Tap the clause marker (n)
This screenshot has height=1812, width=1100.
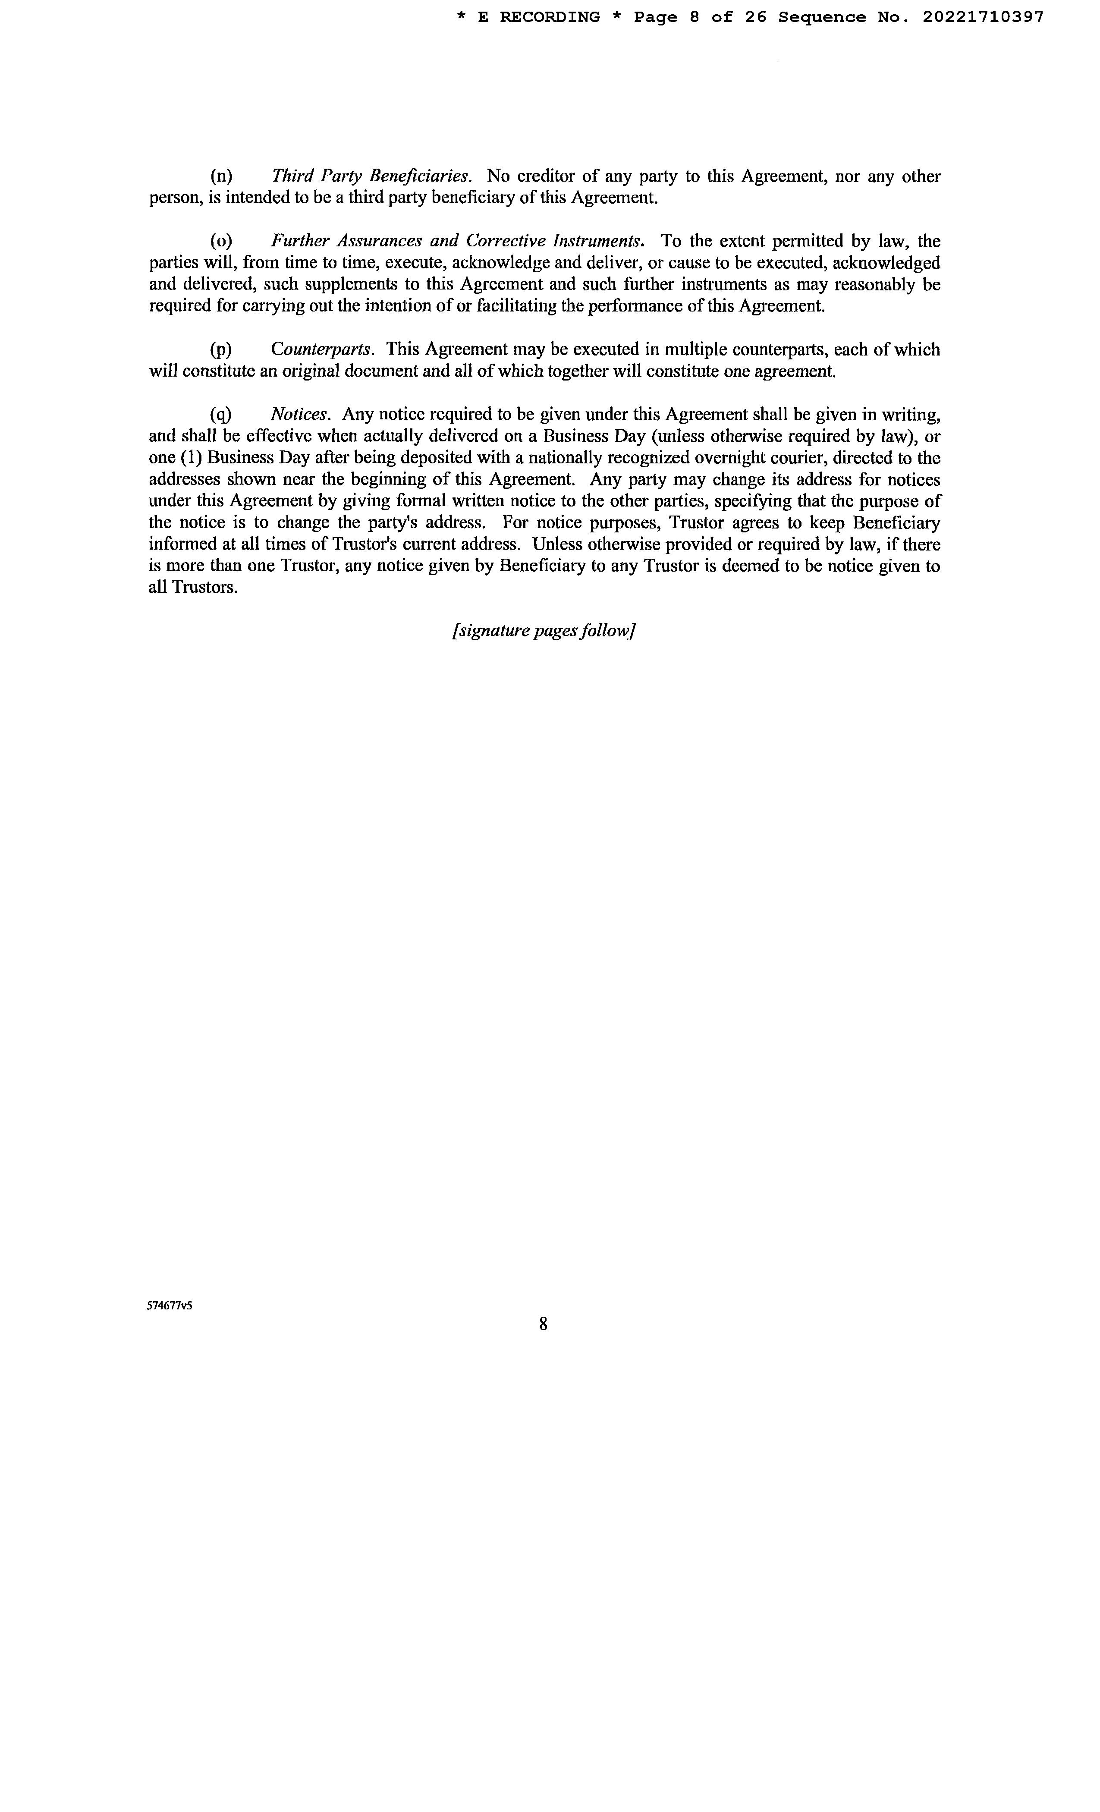[220, 176]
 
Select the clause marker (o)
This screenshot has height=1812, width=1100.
[220, 241]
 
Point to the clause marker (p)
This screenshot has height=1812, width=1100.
[220, 349]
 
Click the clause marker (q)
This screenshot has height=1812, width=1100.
[220, 414]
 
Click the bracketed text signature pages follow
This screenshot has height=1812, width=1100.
[544, 631]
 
